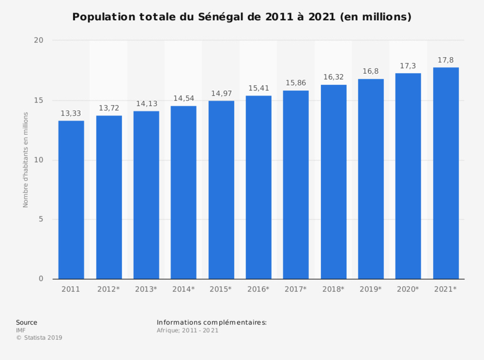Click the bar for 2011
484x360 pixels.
(x=71, y=200)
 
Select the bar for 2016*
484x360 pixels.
(x=258, y=187)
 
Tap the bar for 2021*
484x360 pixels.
(x=446, y=173)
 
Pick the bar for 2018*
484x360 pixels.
(x=334, y=182)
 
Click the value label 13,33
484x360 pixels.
(x=71, y=114)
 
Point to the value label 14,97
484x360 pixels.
(x=221, y=93)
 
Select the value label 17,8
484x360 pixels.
(x=446, y=60)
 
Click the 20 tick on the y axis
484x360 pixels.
(x=39, y=40)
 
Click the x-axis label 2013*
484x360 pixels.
(x=146, y=289)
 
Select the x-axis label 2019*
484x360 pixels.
(x=371, y=289)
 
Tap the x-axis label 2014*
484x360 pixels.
(x=184, y=289)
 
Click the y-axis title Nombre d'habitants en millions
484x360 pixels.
(x=25, y=160)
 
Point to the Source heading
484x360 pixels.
(x=26, y=322)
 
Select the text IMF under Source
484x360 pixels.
(x=21, y=330)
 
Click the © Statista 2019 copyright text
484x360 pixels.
(x=39, y=338)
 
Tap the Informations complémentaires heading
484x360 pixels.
(x=211, y=322)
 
